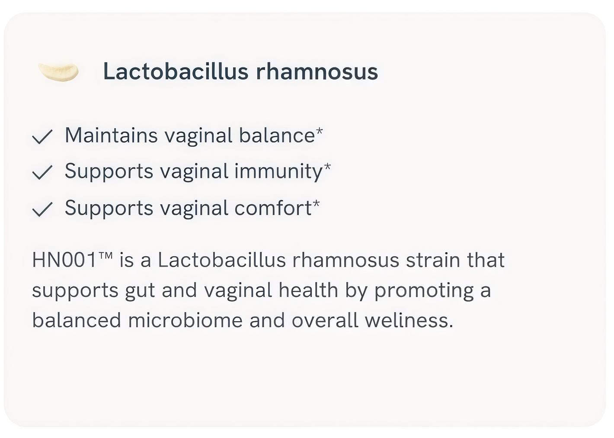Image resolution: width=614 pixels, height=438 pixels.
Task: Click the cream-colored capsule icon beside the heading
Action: (58, 72)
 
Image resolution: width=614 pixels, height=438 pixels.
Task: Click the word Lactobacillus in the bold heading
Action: (176, 71)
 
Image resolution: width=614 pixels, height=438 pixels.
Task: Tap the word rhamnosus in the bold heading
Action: (317, 71)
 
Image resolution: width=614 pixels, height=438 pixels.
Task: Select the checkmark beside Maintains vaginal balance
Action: (42, 137)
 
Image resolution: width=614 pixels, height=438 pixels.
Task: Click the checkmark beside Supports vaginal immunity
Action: (42, 172)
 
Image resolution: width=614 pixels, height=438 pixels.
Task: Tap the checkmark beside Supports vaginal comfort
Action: (42, 209)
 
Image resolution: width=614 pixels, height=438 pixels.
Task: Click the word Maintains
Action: (111, 135)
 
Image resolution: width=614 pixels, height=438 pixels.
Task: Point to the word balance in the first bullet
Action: (277, 135)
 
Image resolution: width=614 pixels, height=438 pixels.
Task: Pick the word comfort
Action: (273, 208)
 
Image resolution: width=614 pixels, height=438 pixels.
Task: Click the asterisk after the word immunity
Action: (327, 167)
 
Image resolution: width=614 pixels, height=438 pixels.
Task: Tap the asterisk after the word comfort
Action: (316, 203)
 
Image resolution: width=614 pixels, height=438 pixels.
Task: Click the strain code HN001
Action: (64, 260)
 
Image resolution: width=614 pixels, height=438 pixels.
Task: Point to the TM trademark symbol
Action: (105, 256)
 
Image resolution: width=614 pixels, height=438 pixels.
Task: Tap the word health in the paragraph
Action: (308, 290)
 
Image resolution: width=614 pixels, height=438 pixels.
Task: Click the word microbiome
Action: (185, 320)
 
